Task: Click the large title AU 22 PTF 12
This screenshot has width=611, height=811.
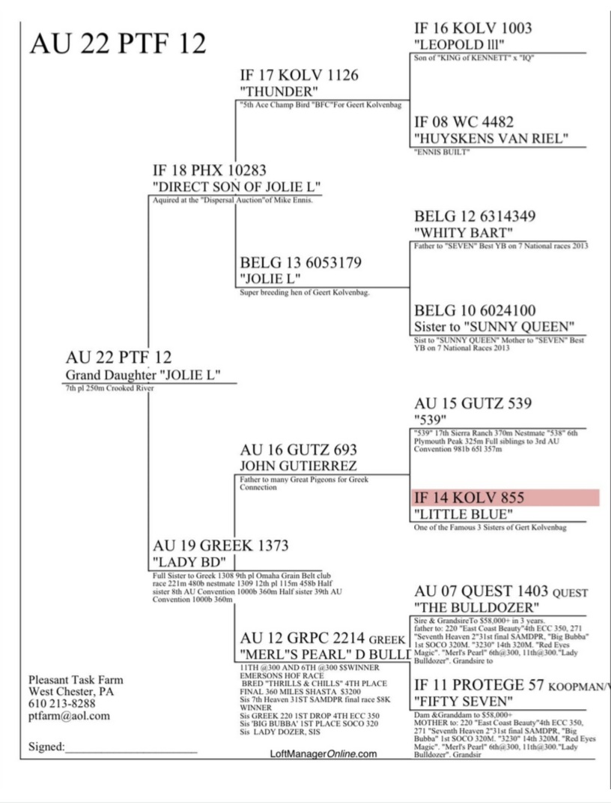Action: coord(118,43)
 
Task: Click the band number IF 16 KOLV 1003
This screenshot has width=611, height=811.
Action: coord(472,28)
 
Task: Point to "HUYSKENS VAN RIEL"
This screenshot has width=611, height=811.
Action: coord(491,139)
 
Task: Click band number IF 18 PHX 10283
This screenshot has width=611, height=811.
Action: coord(209,170)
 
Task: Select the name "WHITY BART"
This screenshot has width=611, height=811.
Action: coord(463,233)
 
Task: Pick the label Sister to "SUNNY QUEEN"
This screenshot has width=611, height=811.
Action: coord(494,327)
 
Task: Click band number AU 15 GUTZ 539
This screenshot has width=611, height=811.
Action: coord(472,403)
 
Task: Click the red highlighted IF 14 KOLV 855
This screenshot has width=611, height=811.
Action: coord(469,498)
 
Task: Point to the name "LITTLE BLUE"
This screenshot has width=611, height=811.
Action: coord(463,514)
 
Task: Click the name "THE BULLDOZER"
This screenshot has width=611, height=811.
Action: coord(476,606)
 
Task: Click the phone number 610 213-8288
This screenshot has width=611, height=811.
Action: coord(62,704)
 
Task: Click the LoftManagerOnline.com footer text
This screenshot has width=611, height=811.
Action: coord(323,754)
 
